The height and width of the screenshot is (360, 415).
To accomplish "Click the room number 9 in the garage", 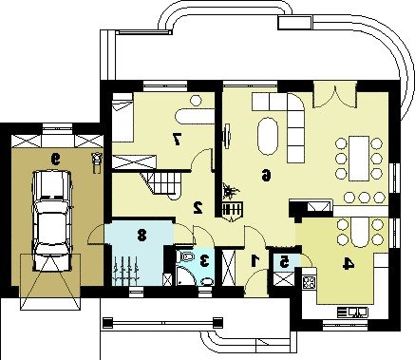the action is point(56,160).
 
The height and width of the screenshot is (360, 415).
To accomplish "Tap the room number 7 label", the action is point(177,140).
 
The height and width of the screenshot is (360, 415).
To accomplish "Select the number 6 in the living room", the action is point(266,175).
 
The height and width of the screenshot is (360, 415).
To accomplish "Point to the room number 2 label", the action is point(198,207).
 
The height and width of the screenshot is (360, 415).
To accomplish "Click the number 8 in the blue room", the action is point(141,236).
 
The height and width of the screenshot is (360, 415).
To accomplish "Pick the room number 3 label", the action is point(205,260).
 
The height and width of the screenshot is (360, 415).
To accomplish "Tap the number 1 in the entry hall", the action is point(255,260).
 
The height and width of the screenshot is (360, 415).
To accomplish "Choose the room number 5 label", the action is point(284,262).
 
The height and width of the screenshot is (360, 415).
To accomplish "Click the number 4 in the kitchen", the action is point(348,264).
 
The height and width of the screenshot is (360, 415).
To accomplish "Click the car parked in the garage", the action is point(53,221).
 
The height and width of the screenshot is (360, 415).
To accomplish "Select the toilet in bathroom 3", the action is point(184,256).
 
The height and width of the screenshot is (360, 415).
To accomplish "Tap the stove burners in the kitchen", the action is point(310,282).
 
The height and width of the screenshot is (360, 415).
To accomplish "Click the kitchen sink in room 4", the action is point(353,313).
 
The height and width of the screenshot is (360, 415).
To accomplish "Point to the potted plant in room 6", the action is point(230,191).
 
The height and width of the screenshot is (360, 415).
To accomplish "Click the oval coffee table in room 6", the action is point(268,136).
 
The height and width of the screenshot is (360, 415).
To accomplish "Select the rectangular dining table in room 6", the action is point(359,159).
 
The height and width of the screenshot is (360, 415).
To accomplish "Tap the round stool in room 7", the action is point(196,101).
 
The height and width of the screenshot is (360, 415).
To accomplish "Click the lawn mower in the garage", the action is point(96,162).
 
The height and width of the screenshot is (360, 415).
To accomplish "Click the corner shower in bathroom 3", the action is point(184,275).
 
